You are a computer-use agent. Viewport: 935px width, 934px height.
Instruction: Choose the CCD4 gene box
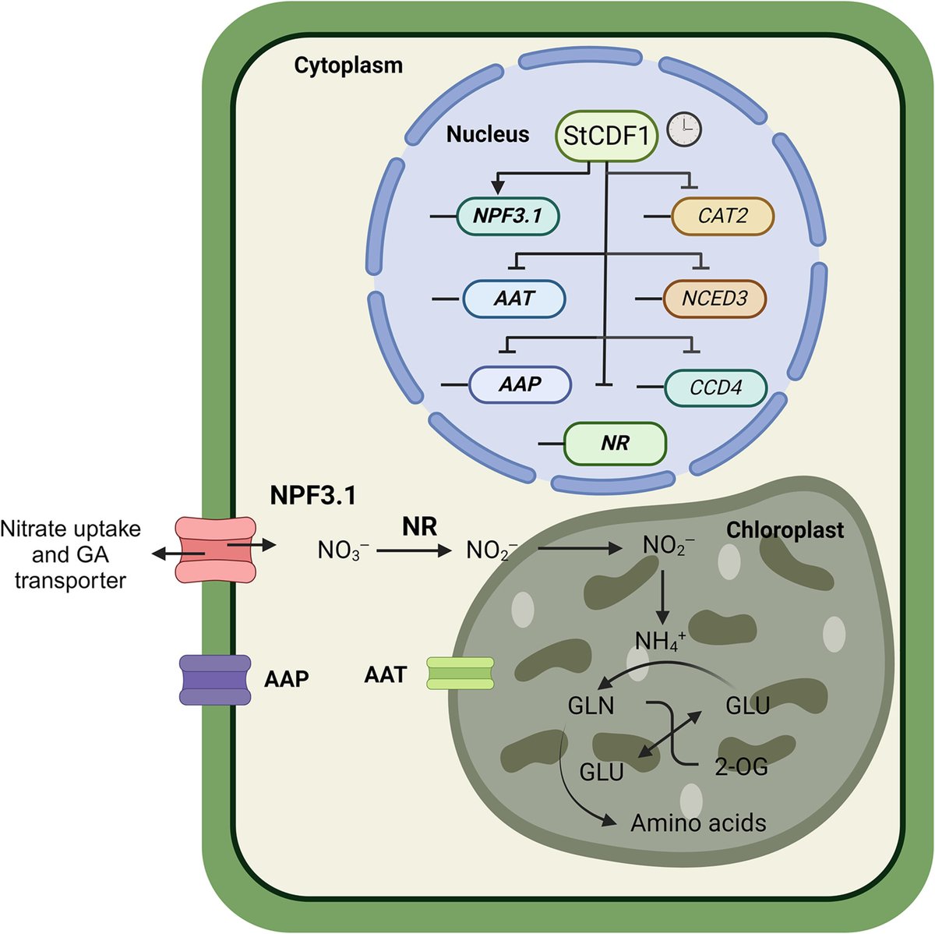pos(715,387)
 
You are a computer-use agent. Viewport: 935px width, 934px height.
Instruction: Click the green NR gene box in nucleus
pos(616,444)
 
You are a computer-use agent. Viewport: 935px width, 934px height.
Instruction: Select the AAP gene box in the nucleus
pos(520,384)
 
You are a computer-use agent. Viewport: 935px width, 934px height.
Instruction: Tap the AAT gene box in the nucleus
pos(514,299)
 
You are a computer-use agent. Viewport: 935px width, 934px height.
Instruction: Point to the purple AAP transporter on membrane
pos(216,679)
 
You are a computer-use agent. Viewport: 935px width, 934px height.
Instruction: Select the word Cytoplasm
pos(348,65)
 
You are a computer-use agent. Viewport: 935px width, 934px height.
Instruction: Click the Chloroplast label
pos(785,530)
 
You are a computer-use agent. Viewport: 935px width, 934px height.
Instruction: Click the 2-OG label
pos(741,767)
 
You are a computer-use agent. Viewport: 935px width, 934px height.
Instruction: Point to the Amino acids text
pos(698,823)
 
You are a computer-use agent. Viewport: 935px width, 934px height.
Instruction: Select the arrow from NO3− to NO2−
pos(415,550)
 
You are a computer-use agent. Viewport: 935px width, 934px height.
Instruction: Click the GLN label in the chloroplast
pos(591,706)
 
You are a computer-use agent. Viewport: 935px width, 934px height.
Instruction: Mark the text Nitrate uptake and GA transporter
pos(71,554)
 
